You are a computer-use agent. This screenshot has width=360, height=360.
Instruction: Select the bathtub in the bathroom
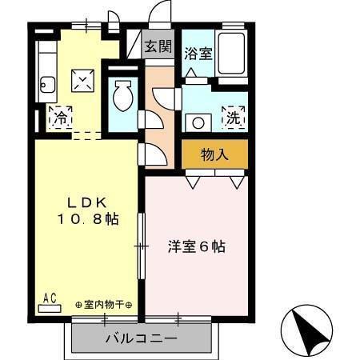pos(233,55)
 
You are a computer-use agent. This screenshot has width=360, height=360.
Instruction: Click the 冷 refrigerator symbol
pos(60,118)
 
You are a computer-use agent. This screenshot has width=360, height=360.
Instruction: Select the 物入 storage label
pos(214,154)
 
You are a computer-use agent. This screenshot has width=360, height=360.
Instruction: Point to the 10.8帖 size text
pos(87,218)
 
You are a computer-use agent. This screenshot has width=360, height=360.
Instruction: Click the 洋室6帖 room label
pos(196,246)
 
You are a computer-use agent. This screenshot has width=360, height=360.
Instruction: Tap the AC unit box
pos(50,298)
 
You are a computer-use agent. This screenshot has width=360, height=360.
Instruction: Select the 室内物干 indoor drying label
pos(104,305)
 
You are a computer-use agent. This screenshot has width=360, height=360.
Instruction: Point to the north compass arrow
pos(306,329)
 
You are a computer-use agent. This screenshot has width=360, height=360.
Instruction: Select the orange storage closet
pos(214,154)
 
